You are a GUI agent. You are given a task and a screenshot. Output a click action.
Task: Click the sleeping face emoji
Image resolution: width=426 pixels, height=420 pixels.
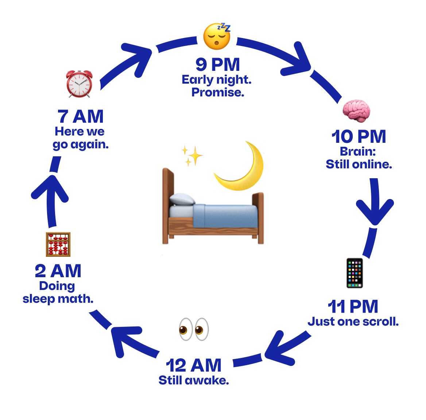pyautogui.click(x=217, y=36)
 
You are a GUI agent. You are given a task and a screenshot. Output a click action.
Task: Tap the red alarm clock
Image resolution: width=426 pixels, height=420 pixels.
pyautogui.click(x=80, y=84)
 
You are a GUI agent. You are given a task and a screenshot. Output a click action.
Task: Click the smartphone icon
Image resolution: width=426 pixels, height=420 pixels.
pyautogui.click(x=355, y=273)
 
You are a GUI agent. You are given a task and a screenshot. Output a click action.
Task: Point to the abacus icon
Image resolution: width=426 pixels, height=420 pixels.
pyautogui.click(x=58, y=244)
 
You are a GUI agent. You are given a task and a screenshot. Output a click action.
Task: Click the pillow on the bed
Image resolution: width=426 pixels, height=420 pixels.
pyautogui.click(x=182, y=199)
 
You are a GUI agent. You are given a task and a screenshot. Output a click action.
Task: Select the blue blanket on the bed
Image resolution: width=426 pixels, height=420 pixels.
pyautogui.click(x=225, y=216)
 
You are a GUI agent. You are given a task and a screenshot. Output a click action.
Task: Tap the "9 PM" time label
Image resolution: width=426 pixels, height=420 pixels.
pyautogui.click(x=218, y=65)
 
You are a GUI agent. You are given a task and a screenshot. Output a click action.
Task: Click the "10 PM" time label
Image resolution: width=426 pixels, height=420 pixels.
pyautogui.click(x=359, y=137)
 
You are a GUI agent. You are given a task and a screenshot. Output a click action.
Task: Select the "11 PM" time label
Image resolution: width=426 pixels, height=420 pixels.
pyautogui.click(x=353, y=306)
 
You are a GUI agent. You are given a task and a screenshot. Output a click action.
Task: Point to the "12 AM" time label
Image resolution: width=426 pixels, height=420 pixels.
pyautogui.click(x=193, y=365)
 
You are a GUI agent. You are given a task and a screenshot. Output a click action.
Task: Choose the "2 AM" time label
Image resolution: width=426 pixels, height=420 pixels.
pyautogui.click(x=58, y=271)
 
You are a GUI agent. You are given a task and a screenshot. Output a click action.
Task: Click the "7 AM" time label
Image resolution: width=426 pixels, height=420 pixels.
pyautogui.click(x=80, y=117)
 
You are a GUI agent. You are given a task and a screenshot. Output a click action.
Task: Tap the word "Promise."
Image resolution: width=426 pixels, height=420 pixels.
pyautogui.click(x=218, y=92)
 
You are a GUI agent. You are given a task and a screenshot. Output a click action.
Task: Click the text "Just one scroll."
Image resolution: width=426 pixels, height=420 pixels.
pyautogui.click(x=353, y=322)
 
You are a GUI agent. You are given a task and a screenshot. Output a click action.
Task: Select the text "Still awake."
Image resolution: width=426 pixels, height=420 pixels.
pyautogui.click(x=194, y=380)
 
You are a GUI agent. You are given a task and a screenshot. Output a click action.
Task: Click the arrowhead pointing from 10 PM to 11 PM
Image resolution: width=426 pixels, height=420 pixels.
pyautogui.click(x=375, y=211)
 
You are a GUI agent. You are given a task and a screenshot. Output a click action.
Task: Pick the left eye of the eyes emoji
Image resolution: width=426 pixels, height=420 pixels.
pyautogui.click(x=186, y=329)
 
